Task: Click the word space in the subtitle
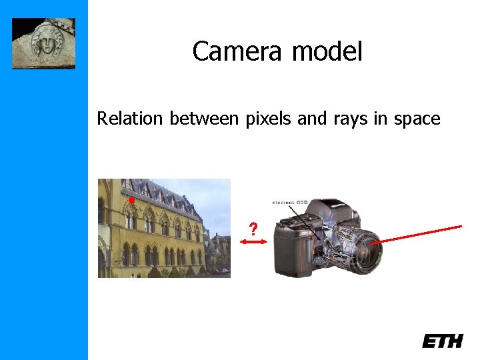tap(417, 120)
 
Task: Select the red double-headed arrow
tap(253, 244)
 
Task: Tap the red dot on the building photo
tap(132, 199)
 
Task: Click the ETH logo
tap(442, 341)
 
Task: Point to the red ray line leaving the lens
tap(420, 234)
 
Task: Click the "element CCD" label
tap(289, 201)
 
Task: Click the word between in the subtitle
tap(203, 119)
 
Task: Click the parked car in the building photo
tap(221, 271)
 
